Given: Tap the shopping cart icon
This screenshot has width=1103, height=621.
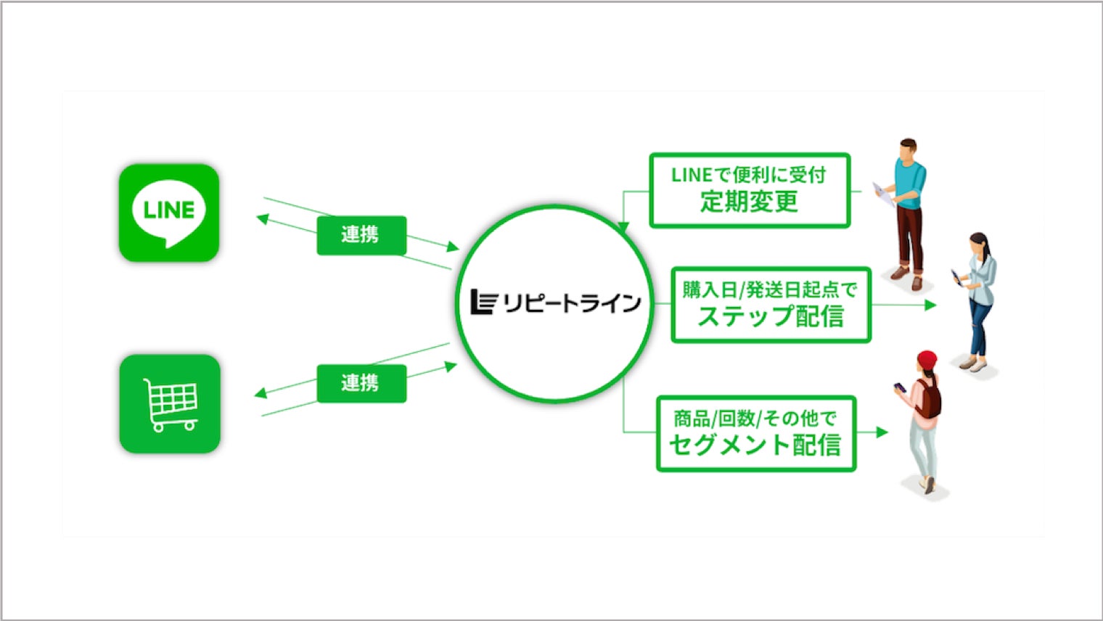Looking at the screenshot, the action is click(x=171, y=403).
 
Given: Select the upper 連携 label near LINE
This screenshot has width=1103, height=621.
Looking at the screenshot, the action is click(x=361, y=234).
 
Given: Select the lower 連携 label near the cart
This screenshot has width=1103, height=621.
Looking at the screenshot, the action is click(x=361, y=382).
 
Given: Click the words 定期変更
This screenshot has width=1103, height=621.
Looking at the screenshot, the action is click(x=749, y=202).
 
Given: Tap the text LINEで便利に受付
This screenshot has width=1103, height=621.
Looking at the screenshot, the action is click(x=749, y=175).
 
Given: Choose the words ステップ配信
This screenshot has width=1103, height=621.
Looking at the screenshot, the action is click(x=771, y=317).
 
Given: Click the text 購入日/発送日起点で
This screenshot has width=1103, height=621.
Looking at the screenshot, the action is click(x=771, y=289).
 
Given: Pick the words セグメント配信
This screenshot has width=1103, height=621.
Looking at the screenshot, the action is click(x=755, y=445).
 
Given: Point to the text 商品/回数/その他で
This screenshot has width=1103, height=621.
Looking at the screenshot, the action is click(x=755, y=418).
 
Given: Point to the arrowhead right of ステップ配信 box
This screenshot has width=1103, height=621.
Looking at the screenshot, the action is click(x=930, y=305).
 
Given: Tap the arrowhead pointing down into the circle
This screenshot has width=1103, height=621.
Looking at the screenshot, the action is click(x=623, y=229).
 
